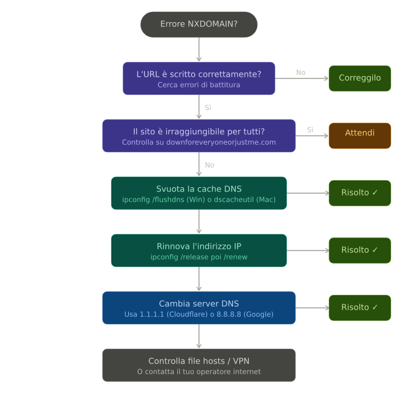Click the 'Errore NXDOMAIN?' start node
tap(199, 25)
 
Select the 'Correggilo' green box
tap(360, 78)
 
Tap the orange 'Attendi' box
tap(360, 136)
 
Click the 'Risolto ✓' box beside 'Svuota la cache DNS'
tap(360, 193)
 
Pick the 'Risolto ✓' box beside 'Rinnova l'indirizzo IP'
tap(360, 251)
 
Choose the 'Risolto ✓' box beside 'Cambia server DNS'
tap(360, 308)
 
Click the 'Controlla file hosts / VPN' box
tap(199, 365)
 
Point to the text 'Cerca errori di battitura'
tap(199, 85)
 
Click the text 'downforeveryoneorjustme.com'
tap(221, 142)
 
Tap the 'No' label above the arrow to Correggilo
tap(301, 73)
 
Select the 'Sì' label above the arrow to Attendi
tap(310, 130)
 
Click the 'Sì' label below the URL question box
tap(208, 108)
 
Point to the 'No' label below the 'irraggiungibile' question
tap(210, 165)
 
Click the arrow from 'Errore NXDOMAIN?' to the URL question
tap(199, 49)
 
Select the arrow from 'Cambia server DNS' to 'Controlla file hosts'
tap(199, 336)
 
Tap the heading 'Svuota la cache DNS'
tap(199, 189)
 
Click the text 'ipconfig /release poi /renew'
tap(199, 257)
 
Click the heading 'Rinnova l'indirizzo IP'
tap(199, 246)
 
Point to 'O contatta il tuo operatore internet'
tap(199, 372)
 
